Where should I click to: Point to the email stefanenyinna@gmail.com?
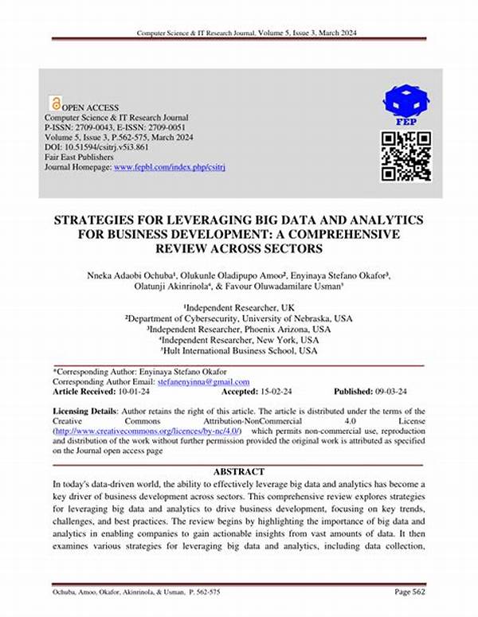click(x=203, y=382)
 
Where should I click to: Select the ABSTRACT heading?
click(x=238, y=471)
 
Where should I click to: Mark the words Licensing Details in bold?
click(x=84, y=409)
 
